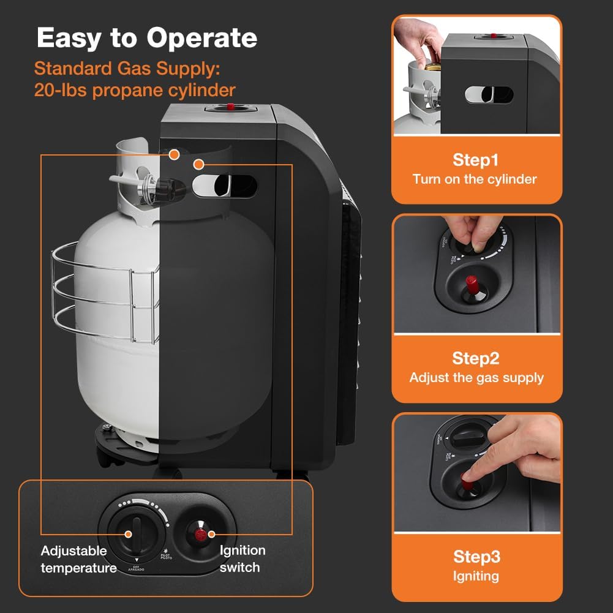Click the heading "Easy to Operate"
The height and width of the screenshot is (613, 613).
[147, 38]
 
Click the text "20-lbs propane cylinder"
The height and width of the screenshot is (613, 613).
[135, 90]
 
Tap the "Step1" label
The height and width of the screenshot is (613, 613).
[476, 160]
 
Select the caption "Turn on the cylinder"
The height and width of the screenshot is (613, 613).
[475, 179]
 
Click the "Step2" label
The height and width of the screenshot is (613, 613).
[476, 358]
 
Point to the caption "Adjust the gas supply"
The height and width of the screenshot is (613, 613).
[476, 377]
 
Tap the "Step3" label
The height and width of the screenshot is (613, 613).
[476, 556]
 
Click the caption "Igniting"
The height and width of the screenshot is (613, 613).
[476, 576]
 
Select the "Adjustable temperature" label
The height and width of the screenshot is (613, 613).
[75, 559]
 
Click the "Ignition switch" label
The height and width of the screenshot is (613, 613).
[243, 558]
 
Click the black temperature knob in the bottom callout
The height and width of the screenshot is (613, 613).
[135, 533]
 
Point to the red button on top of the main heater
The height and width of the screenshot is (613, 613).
[230, 107]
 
